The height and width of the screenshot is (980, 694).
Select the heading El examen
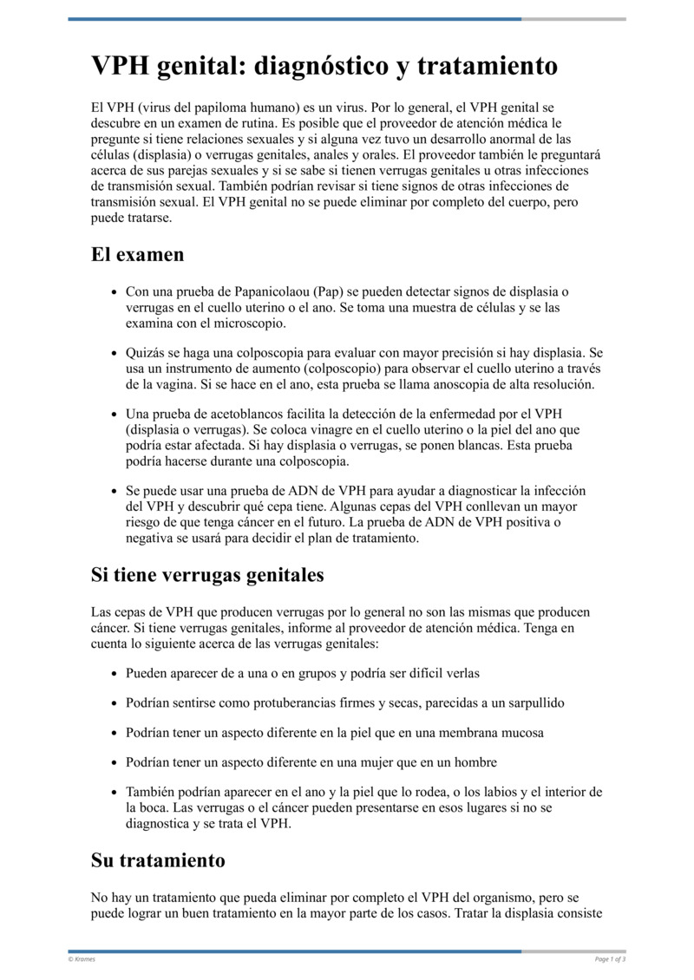pyautogui.click(x=137, y=255)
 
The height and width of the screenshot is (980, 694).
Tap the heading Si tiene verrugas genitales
pyautogui.click(x=207, y=574)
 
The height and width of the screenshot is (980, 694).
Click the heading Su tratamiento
pyautogui.click(x=158, y=860)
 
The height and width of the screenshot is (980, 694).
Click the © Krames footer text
pyautogui.click(x=82, y=958)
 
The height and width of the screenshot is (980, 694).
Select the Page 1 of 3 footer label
pyautogui.click(x=610, y=958)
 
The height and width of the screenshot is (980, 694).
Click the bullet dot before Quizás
pyautogui.click(x=115, y=355)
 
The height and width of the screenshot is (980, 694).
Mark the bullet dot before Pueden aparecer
pyautogui.click(x=115, y=674)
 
